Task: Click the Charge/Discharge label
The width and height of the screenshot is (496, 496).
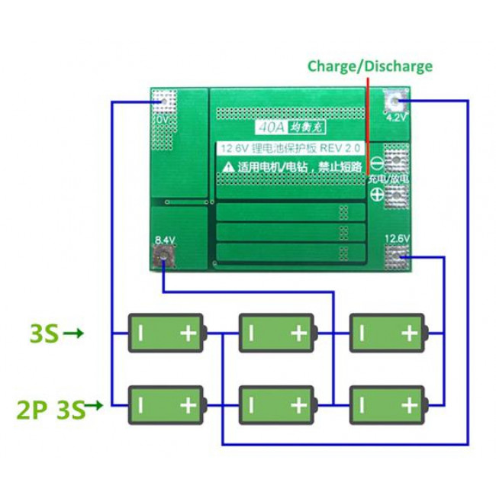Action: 369,66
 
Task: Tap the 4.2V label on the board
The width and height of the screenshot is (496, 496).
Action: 397,118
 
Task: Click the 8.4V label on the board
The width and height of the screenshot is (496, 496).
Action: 166,240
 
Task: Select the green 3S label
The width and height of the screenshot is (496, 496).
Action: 44,333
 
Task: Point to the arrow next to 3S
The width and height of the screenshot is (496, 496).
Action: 74,333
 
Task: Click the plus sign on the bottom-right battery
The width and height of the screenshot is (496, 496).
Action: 409,404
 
